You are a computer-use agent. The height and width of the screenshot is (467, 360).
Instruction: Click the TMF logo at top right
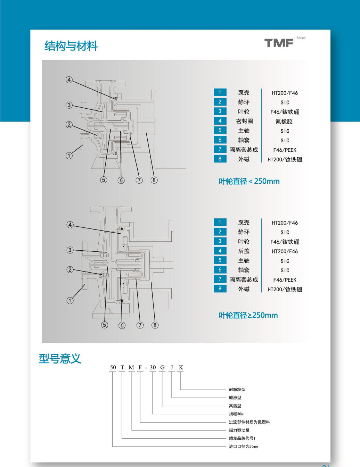pyautogui.click(x=279, y=43)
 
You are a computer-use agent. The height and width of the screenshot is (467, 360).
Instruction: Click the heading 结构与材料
pyautogui.click(x=71, y=46)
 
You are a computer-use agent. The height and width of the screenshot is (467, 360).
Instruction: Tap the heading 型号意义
pyautogui.click(x=60, y=359)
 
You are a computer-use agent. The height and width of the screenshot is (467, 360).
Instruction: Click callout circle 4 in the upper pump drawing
pyautogui.click(x=69, y=80)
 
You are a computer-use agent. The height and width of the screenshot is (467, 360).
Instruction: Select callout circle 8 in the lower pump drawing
pyautogui.click(x=155, y=325)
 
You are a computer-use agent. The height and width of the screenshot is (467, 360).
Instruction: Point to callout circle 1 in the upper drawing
pyautogui.click(x=69, y=156)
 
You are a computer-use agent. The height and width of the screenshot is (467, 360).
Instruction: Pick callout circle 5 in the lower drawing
pyautogui.click(x=105, y=325)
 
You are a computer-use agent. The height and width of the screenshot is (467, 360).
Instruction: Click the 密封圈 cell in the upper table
pyautogui.click(x=244, y=121)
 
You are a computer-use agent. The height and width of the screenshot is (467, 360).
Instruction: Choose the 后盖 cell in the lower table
pyautogui.click(x=244, y=251)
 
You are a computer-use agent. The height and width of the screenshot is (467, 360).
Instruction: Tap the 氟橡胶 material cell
pyautogui.click(x=284, y=122)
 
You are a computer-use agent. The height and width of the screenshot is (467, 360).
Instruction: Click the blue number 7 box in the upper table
pyautogui.click(x=220, y=149)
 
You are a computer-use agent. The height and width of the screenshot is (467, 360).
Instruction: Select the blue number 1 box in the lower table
pyautogui.click(x=220, y=222)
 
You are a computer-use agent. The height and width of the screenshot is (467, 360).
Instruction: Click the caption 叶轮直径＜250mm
pyautogui.click(x=249, y=181)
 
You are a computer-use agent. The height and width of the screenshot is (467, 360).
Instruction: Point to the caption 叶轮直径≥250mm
pyautogui.click(x=248, y=315)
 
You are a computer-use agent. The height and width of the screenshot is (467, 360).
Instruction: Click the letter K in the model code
pyautogui.click(x=181, y=367)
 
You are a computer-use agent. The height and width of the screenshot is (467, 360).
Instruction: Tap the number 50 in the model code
pyautogui.click(x=113, y=367)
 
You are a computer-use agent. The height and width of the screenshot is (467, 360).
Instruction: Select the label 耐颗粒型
pyautogui.click(x=237, y=390)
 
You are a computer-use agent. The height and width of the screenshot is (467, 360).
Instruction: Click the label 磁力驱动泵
pyautogui.click(x=239, y=430)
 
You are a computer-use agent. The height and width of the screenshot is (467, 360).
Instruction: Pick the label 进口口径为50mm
pyautogui.click(x=243, y=447)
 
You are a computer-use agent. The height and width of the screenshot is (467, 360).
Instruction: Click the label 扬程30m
pyautogui.click(x=236, y=414)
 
